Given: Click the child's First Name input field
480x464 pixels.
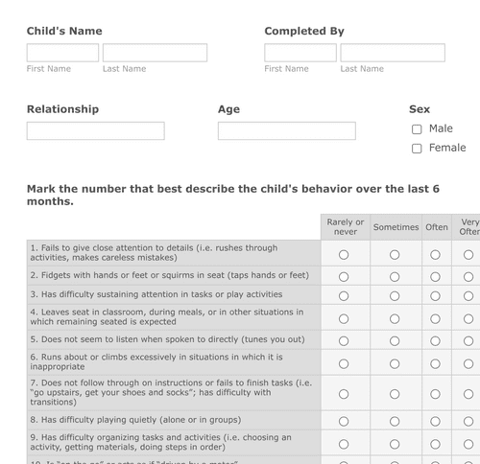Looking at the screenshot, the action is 62,53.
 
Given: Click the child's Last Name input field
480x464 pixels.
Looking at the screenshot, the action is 155,53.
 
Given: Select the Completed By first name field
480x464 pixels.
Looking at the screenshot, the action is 300,53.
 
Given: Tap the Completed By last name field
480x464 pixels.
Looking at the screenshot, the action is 392,53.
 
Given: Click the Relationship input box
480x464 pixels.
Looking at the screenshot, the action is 95,130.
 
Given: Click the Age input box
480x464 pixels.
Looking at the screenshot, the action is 286,130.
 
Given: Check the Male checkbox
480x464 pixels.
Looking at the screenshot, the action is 417,129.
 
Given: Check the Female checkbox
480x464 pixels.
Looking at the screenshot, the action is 417,149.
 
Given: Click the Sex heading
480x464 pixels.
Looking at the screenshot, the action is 420,109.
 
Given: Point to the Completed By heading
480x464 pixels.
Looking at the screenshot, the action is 303,32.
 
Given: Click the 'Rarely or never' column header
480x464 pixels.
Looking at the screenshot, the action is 346,227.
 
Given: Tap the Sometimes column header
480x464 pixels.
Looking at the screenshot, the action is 396,227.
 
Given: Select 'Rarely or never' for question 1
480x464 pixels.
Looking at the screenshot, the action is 344,254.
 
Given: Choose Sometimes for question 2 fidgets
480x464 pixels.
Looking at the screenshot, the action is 395,276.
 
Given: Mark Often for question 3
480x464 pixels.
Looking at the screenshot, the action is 435,295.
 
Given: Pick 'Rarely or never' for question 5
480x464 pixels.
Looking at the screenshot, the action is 344,339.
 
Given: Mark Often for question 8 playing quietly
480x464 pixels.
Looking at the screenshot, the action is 435,420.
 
